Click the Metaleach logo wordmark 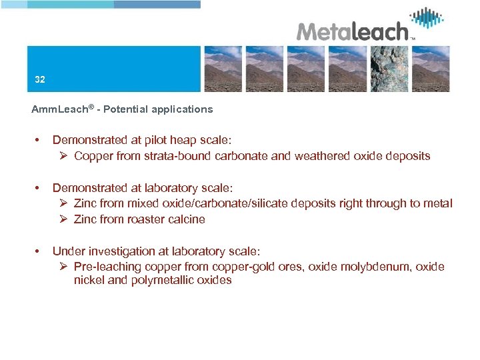[352, 31]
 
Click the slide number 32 [40, 79]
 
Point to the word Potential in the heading [125, 109]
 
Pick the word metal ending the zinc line [438, 203]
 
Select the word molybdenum [375, 267]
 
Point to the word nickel [88, 280]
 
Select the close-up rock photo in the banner [388, 69]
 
